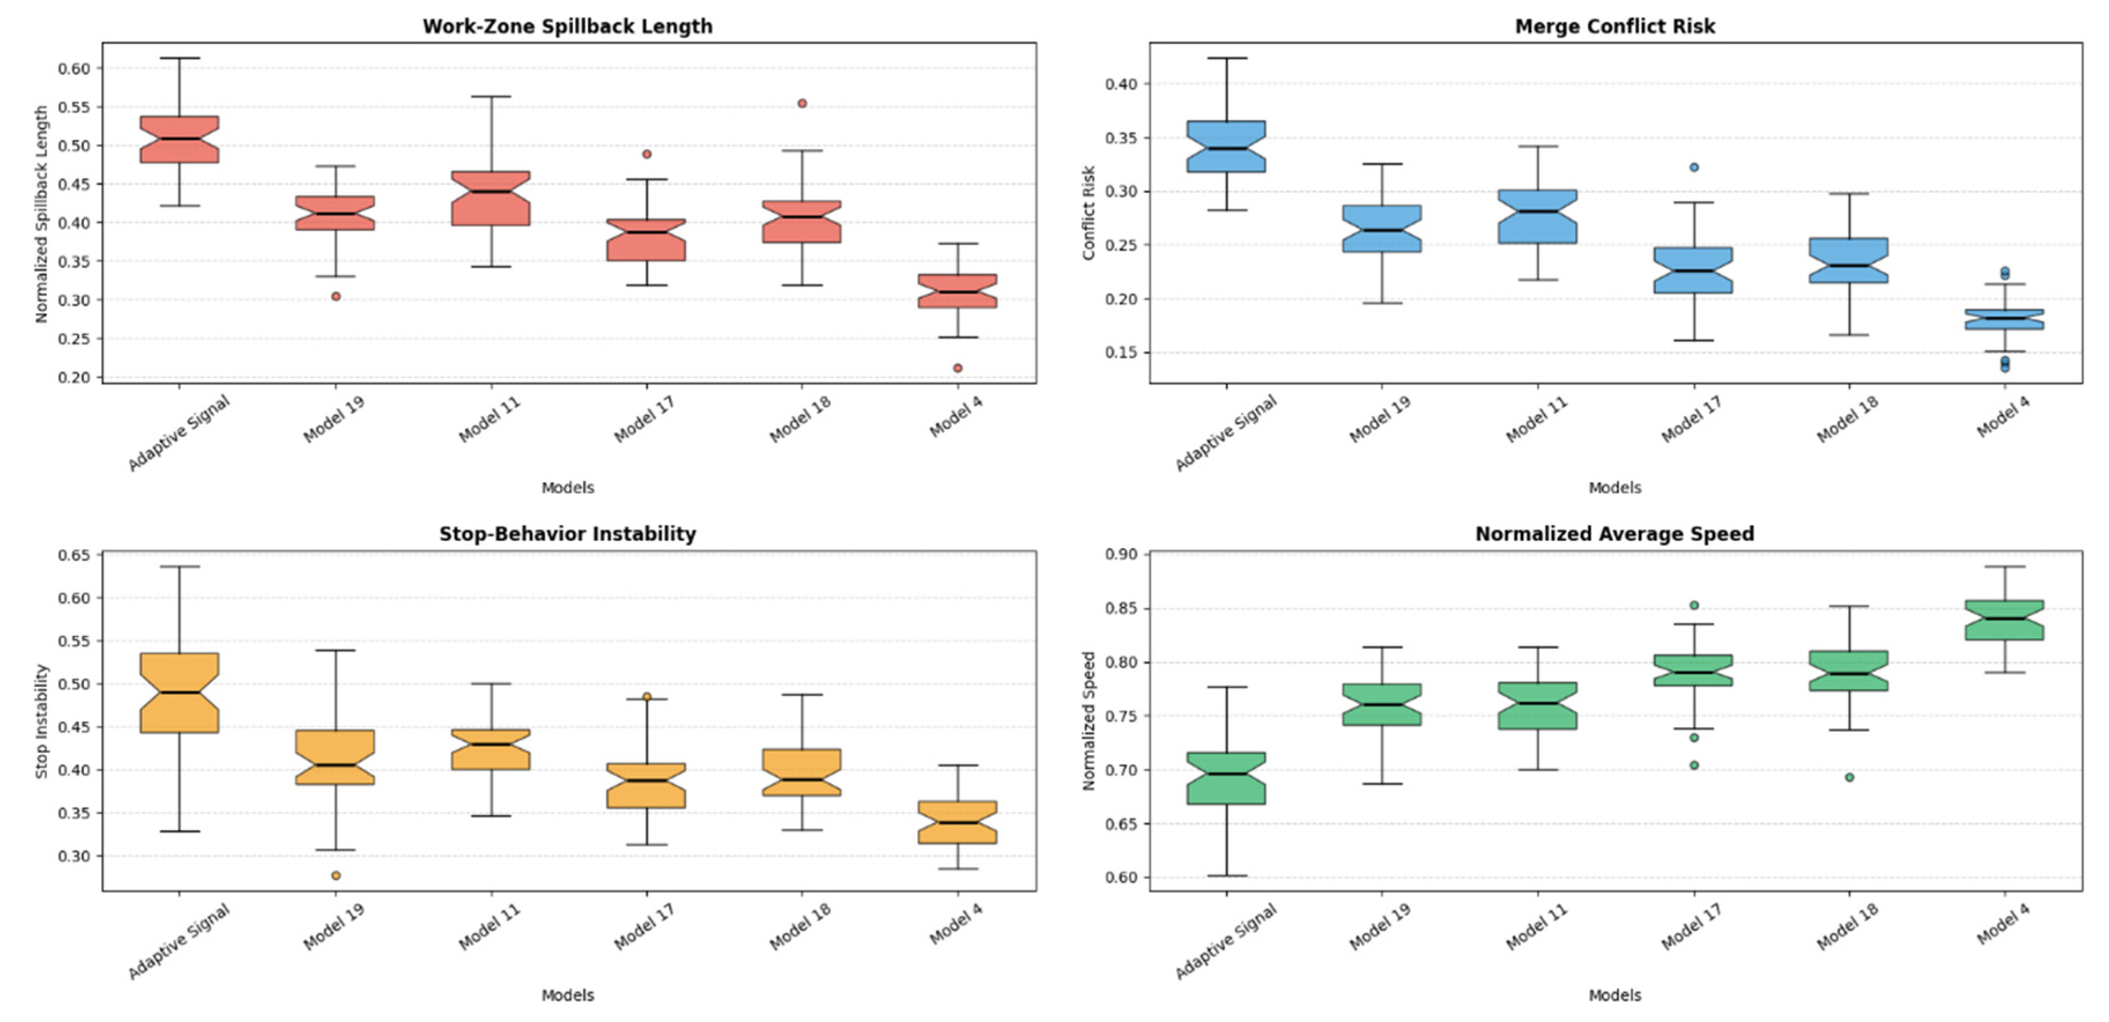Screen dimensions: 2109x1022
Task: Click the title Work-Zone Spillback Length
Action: (567, 26)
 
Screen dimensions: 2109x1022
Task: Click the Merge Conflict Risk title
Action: (1614, 26)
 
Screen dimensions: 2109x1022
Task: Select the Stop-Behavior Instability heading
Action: (567, 534)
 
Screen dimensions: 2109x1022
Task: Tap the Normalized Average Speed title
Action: (1614, 534)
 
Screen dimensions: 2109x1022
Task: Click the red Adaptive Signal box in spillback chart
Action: (179, 139)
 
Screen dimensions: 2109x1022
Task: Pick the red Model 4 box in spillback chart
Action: (957, 291)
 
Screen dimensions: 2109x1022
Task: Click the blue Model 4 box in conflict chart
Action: (2004, 319)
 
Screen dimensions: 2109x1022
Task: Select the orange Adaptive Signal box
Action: (179, 693)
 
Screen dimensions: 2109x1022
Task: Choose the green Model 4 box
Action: (2004, 620)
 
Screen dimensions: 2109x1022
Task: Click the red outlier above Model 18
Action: (803, 103)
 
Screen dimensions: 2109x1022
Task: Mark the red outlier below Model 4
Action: (957, 368)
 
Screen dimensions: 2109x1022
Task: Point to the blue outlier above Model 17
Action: (1694, 167)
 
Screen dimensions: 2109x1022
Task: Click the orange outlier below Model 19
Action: (336, 875)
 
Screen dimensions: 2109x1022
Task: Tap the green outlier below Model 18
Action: (1850, 777)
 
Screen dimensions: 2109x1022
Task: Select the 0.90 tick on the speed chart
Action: (1122, 554)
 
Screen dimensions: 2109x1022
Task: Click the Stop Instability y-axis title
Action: (42, 721)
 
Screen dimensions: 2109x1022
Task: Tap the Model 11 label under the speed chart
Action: (1538, 928)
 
